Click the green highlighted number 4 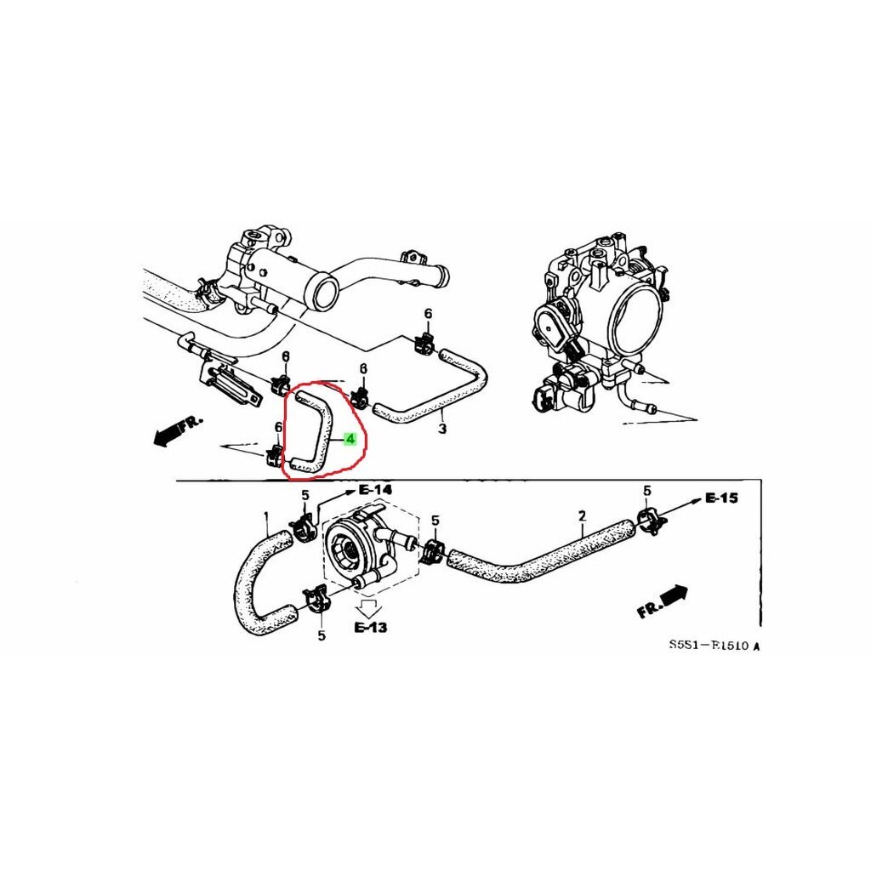349,439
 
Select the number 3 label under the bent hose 441,429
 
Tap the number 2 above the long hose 582,516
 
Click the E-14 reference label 375,490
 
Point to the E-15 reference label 722,498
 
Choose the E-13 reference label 371,628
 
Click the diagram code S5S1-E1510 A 713,646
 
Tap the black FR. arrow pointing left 174,430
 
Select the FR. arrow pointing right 663,602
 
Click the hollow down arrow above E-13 370,606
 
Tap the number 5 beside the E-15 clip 646,491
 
